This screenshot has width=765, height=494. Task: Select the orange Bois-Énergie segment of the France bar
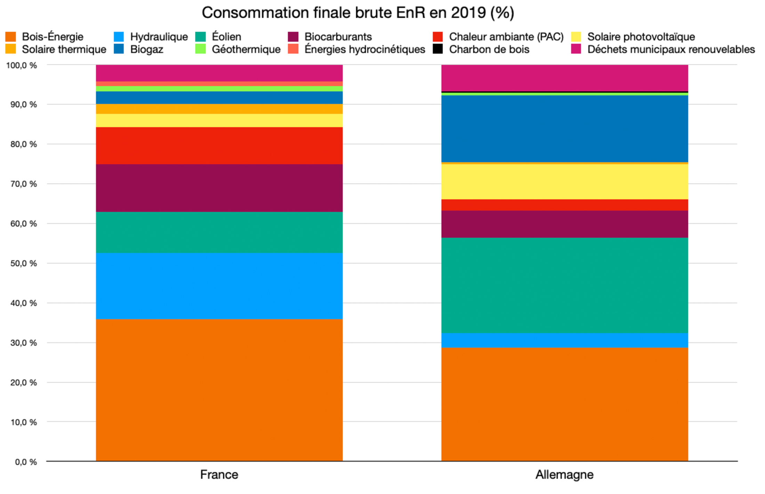[x=219, y=390]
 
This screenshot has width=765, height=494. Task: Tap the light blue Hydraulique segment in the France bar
[x=219, y=286]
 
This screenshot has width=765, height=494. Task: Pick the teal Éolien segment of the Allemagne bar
[x=564, y=285]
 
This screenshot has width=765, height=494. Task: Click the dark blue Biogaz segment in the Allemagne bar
[x=564, y=129]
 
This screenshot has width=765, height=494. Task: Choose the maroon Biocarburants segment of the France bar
[x=219, y=188]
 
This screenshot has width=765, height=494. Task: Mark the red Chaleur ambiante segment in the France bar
[x=219, y=145]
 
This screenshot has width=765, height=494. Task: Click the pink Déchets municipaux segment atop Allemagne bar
[x=564, y=78]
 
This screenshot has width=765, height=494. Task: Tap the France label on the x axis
[x=219, y=475]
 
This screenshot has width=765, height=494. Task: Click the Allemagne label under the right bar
[x=564, y=475]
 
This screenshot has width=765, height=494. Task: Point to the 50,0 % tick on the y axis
[x=24, y=263]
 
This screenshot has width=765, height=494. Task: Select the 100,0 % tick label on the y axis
[x=22, y=65]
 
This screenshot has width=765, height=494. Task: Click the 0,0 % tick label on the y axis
[x=26, y=462]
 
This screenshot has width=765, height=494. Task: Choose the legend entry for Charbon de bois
[x=482, y=49]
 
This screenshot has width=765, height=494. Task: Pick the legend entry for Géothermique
[x=238, y=49]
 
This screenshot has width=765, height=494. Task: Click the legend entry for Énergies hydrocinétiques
[x=357, y=49]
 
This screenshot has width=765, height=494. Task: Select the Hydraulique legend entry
[x=151, y=37]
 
